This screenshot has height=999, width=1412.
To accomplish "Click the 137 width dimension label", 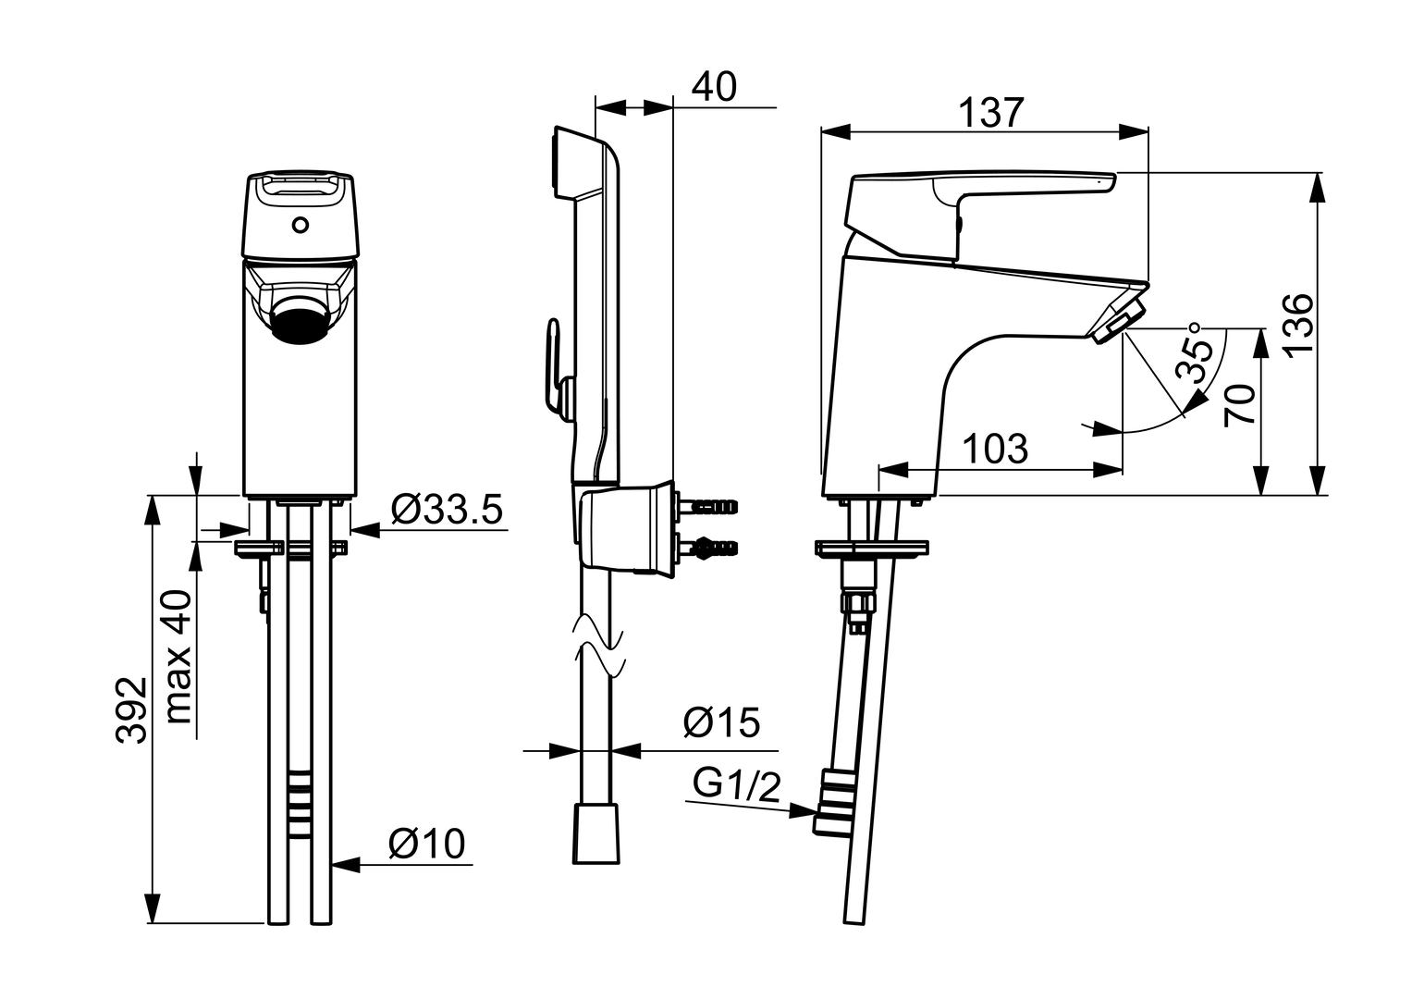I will tap(990, 113).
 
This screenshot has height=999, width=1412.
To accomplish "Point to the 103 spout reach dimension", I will tap(995, 449).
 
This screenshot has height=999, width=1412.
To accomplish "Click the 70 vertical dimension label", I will tap(1240, 403).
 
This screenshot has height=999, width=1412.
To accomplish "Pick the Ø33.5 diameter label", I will tap(446, 510).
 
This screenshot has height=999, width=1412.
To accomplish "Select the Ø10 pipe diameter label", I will tap(426, 844).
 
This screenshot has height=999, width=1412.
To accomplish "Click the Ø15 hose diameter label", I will tap(721, 723).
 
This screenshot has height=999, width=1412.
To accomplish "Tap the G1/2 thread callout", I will tap(737, 786).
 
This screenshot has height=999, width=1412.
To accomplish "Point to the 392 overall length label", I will tap(132, 709).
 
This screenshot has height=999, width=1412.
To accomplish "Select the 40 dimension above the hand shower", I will tap(714, 87).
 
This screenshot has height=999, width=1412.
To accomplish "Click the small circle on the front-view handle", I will tap(299, 224).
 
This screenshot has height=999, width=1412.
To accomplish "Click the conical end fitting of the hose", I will tap(596, 833).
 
